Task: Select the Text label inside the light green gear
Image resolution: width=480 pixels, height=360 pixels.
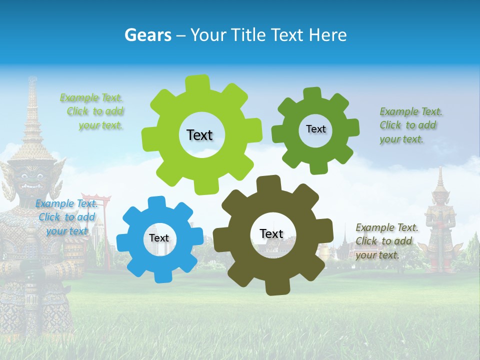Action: coord(199,135)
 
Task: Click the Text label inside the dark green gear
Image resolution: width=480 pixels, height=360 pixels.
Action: coord(315,129)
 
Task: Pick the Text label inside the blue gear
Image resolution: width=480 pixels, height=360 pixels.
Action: coord(159,238)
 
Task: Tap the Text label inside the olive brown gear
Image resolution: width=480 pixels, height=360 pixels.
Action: coord(271,233)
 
